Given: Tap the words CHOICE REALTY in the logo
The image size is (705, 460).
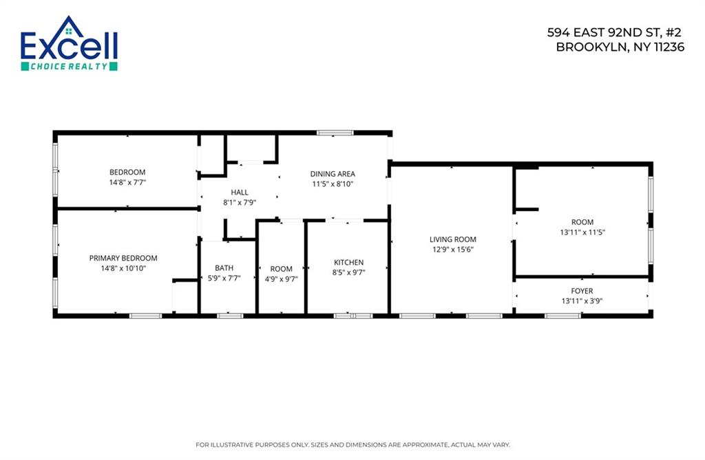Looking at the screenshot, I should point(69,66).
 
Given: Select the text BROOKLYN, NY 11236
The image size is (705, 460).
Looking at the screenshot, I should point(620,47).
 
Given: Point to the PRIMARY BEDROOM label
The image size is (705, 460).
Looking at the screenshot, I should point(123,258).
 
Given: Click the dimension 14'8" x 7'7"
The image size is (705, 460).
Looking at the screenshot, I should point(127,182).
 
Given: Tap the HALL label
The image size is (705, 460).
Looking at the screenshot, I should point(240,193).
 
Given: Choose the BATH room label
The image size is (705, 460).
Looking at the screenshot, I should point(224,268).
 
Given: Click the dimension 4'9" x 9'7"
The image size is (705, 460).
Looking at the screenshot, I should point(281,279).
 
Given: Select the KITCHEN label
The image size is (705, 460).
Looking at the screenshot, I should point(348,262).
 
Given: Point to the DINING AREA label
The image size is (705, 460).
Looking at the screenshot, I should point(333,174).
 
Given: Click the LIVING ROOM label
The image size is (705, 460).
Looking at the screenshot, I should point(452,239).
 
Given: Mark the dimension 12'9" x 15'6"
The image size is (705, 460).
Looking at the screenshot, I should point(452,250).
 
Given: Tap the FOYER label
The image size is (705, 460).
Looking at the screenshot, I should point(582,291).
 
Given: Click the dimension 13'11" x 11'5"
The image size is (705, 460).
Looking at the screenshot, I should point(582,232).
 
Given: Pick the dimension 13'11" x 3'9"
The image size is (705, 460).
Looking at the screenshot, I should point(582,300).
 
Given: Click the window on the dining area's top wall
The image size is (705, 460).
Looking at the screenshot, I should point(335,132).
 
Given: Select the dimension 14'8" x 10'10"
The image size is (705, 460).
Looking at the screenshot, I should point(123,268).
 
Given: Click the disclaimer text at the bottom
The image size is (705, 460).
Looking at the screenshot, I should point(352,443).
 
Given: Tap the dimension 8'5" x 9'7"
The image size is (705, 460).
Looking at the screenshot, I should point(348,272).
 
